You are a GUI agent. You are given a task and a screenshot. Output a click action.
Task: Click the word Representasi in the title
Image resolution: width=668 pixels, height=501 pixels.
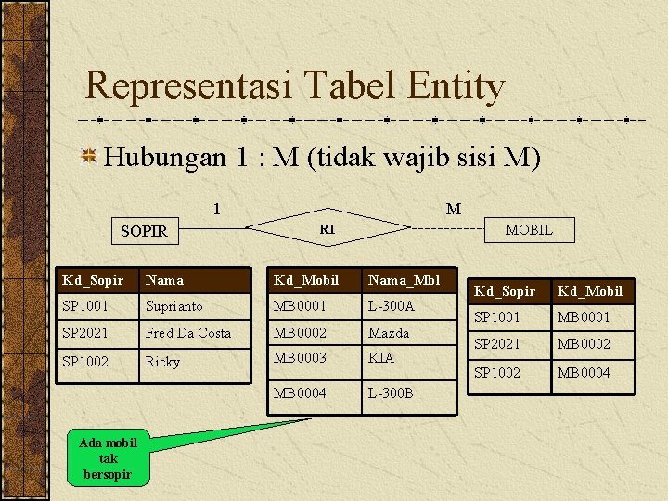click(x=184, y=86)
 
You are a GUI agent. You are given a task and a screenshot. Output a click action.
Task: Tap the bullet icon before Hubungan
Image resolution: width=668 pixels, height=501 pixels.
click(x=90, y=156)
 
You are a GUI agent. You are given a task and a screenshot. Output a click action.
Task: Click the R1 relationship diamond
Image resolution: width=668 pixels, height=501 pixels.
click(x=327, y=228)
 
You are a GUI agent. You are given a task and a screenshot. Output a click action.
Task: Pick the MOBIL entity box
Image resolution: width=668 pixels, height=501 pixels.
click(x=529, y=229)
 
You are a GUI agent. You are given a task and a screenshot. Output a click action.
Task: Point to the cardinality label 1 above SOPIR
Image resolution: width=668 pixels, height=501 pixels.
click(x=216, y=209)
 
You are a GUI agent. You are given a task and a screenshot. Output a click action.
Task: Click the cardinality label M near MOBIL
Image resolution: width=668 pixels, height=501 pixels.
click(x=453, y=209)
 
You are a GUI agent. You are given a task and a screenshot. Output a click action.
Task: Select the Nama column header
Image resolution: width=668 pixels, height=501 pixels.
click(x=164, y=279)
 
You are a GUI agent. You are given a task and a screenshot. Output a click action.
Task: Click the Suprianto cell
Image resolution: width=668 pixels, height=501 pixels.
click(x=173, y=305)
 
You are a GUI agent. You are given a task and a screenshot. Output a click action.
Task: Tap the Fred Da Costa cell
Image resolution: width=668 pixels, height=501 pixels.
click(x=188, y=332)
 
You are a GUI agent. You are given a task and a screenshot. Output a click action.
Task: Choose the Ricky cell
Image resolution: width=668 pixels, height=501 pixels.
click(x=162, y=361)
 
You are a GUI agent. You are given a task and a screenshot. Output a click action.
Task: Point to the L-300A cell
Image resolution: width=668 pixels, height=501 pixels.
click(x=391, y=305)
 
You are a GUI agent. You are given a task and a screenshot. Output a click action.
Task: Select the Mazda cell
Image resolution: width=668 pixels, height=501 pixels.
click(x=388, y=332)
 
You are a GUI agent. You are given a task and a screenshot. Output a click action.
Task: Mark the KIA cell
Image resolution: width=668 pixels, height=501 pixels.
click(x=380, y=357)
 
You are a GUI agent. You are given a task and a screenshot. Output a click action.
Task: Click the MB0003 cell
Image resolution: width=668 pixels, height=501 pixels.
click(x=300, y=357)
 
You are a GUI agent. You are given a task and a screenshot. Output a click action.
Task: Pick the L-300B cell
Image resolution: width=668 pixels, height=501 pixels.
click(x=391, y=392)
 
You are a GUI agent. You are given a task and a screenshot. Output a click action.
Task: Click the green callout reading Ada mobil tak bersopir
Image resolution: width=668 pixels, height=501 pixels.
click(x=108, y=457)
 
